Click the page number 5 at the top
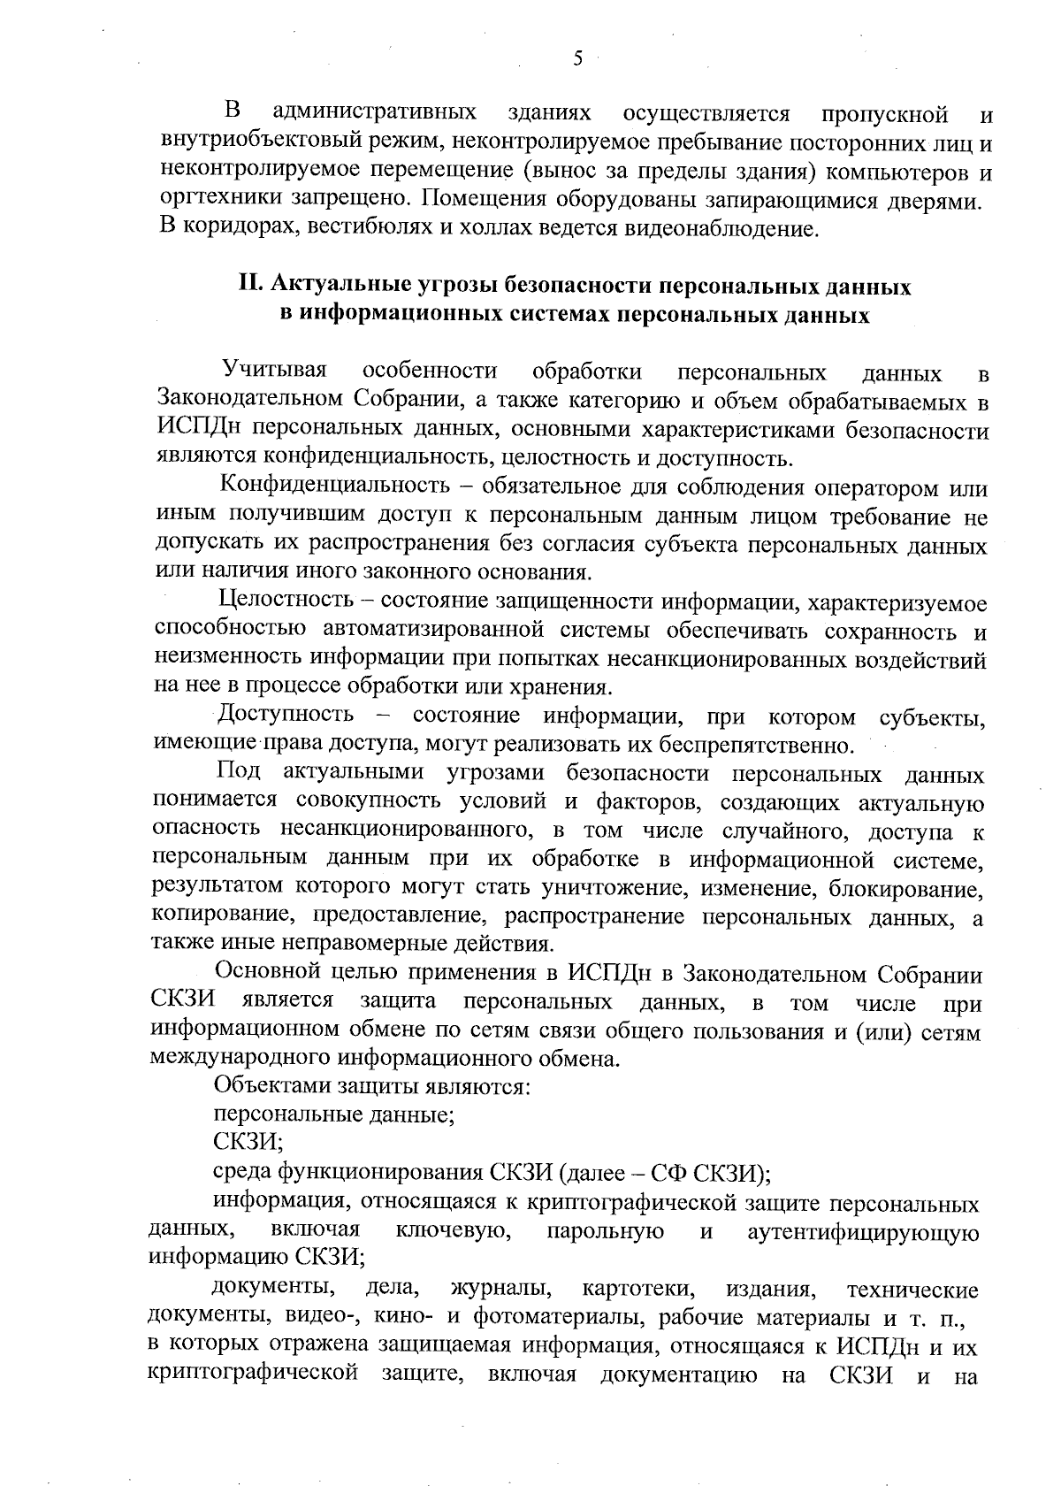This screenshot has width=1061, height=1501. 577,59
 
